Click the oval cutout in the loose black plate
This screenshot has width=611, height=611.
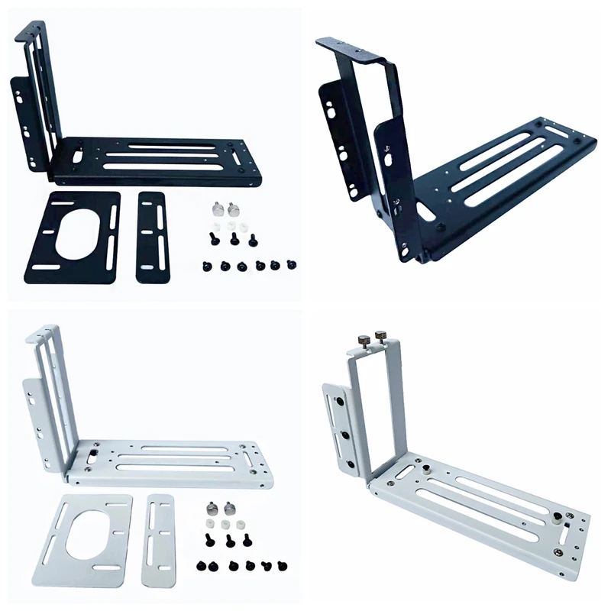(x=76, y=230)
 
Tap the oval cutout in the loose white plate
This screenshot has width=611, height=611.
(x=87, y=540)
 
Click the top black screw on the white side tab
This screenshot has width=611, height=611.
(x=337, y=399)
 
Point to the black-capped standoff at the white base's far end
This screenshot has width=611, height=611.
(x=557, y=517)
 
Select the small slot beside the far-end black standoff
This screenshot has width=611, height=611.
(x=567, y=528)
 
